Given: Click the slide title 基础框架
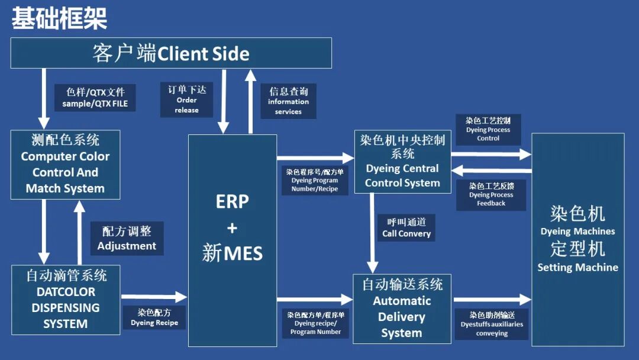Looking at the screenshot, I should (59, 19).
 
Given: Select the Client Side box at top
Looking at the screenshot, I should (171, 53).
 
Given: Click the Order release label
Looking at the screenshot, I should (186, 99).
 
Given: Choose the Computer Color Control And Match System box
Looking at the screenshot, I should (65, 165).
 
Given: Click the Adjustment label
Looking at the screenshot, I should (127, 239).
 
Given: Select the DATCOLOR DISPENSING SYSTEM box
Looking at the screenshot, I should (66, 300).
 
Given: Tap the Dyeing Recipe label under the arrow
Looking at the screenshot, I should (154, 317).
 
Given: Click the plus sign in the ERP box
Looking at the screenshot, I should (232, 228).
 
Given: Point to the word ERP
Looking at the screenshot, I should (232, 202).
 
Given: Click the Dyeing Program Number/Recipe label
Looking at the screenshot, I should (315, 180).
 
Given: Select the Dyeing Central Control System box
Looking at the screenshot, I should (402, 161).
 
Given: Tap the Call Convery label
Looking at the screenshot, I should (406, 228).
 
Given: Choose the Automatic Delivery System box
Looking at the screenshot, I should (402, 308).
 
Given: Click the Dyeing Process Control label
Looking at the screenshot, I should (488, 130).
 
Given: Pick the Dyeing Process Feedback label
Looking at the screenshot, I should (491, 195).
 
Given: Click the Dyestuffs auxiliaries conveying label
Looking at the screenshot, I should (492, 324).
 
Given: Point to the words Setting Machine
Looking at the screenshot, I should (577, 268).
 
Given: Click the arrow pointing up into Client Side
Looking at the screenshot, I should (250, 101).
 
